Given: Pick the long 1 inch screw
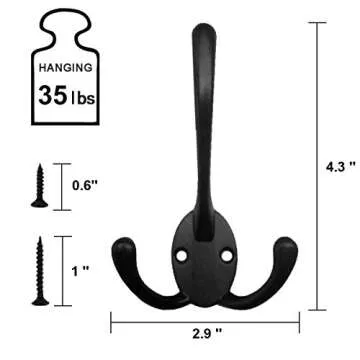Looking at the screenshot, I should click(x=39, y=270).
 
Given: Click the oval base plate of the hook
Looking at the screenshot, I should click(x=206, y=262).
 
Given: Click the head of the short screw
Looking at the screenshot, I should click(x=39, y=167).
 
